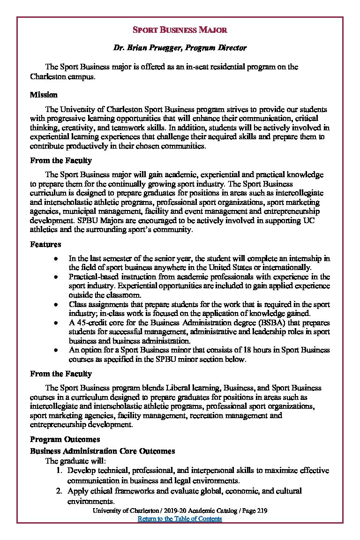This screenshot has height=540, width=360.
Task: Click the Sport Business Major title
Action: (x=180, y=30)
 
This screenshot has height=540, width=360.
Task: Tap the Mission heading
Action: (x=44, y=95)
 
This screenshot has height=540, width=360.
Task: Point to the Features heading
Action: (x=45, y=244)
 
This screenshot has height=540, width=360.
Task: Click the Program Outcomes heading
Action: (x=65, y=439)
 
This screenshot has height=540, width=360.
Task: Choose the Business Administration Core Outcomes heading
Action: (x=102, y=451)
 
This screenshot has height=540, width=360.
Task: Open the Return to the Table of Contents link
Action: (x=180, y=519)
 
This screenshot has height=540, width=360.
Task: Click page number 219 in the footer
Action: (x=262, y=511)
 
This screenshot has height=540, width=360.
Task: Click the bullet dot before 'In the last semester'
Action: (x=56, y=259)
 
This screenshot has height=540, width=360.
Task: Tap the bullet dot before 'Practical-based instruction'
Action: (x=56, y=277)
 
